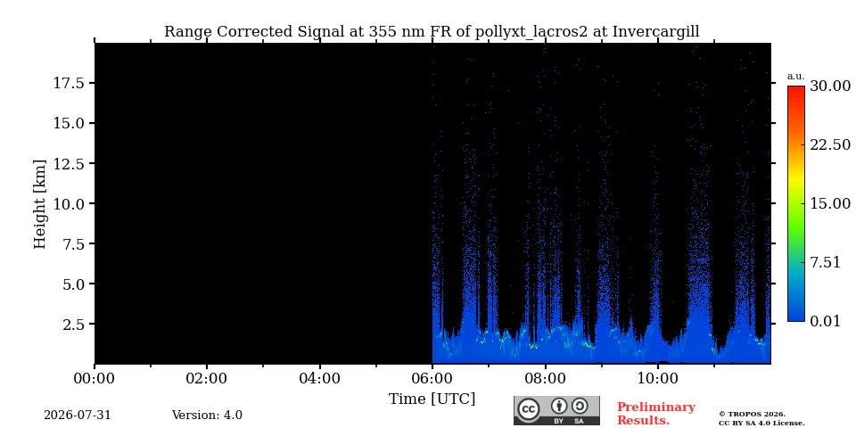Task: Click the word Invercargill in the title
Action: click(655, 32)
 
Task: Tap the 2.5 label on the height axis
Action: click(75, 325)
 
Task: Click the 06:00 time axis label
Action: click(432, 378)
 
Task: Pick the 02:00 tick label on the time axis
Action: click(207, 378)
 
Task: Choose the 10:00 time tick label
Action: click(658, 378)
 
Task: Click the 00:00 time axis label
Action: click(95, 378)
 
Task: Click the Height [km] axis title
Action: click(40, 203)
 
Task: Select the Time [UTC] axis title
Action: click(432, 399)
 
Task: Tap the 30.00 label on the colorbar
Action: click(830, 86)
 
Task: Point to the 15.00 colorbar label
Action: click(830, 203)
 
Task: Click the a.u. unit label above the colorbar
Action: click(796, 77)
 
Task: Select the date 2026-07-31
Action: click(78, 416)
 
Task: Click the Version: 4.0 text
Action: click(207, 416)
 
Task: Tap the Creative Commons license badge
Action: click(556, 410)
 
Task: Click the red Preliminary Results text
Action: click(656, 414)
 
